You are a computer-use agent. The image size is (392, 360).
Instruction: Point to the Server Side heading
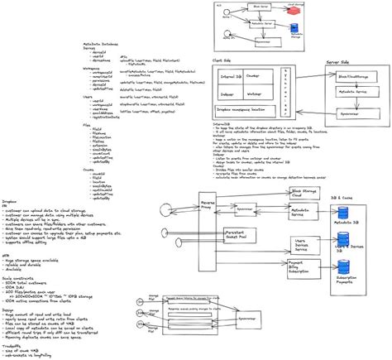(342, 62)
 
